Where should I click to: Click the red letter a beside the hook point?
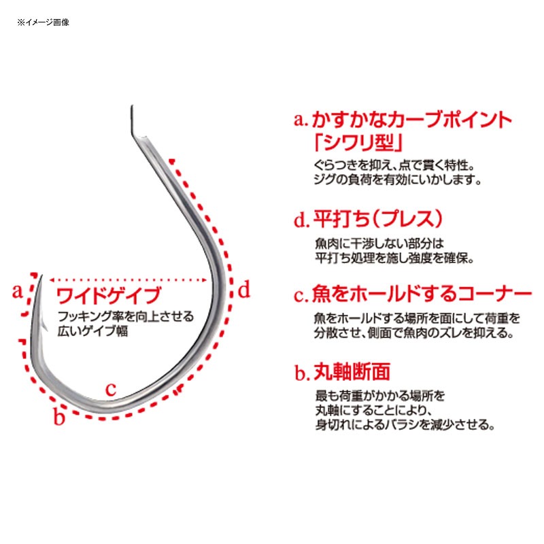[x=17, y=292]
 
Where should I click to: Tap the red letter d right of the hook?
[x=244, y=290]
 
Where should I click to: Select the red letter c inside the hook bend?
[x=111, y=389]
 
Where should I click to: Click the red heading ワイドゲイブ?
[x=109, y=295]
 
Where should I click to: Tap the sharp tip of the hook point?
[x=41, y=275]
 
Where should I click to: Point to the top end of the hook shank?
[x=132, y=105]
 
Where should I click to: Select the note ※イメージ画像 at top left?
[x=44, y=22]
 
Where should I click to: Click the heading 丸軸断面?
[x=352, y=371]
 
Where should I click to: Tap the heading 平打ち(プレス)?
[x=378, y=219]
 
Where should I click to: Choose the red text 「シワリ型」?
[x=358, y=143]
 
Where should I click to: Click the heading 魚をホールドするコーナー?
[x=422, y=294]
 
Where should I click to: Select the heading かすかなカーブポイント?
[x=412, y=120]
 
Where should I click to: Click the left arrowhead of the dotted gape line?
[x=52, y=279]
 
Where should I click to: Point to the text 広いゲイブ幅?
[x=92, y=330]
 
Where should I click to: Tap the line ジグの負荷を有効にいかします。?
[x=398, y=180]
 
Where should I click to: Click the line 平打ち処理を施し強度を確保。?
[x=394, y=258]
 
